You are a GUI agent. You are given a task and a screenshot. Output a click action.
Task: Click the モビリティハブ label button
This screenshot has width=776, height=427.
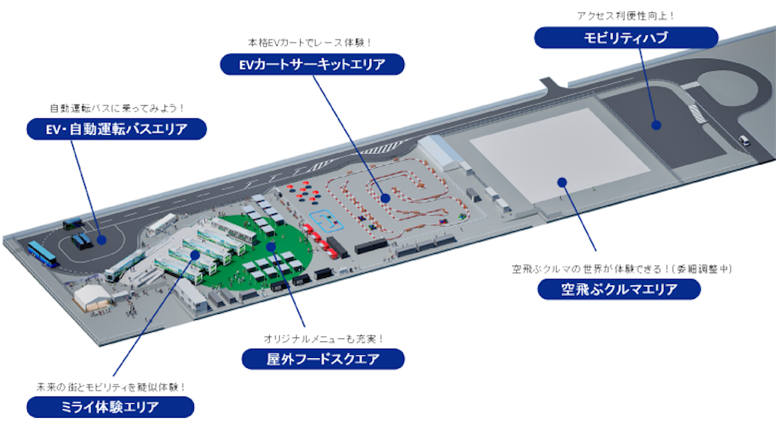626,38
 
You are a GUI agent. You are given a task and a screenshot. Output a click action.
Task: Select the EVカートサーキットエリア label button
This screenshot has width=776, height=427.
312,64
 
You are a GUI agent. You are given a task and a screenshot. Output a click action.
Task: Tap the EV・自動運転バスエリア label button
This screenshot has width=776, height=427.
116,129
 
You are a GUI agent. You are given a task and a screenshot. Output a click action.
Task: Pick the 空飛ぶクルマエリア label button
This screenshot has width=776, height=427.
619,289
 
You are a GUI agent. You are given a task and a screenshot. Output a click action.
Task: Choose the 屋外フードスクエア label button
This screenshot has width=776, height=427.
323,359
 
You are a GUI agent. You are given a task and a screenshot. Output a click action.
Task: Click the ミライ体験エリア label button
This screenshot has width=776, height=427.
111,407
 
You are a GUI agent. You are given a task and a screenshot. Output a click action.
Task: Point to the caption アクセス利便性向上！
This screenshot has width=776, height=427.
625,16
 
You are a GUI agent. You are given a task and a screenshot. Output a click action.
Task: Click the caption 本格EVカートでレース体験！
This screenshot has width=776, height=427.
310,42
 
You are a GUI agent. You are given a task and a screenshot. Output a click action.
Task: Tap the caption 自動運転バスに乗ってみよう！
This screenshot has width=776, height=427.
117,108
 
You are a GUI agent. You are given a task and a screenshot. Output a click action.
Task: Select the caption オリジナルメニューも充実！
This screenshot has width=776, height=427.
324,339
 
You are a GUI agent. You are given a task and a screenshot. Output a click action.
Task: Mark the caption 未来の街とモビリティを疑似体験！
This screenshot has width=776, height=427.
111,387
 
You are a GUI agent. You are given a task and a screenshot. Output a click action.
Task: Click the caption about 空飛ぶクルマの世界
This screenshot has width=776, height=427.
622,269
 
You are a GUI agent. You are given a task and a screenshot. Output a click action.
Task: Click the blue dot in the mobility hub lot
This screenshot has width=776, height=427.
656,125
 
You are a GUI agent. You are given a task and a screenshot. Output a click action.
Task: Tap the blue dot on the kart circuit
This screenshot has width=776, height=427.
386,198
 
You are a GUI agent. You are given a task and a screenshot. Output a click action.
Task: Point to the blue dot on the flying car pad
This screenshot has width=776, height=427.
562,182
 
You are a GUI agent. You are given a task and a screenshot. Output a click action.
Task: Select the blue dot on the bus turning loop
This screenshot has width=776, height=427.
102,240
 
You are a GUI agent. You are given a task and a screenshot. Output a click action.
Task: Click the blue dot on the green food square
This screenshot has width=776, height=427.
271,246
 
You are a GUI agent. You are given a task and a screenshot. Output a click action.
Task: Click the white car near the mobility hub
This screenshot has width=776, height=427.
744,140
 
